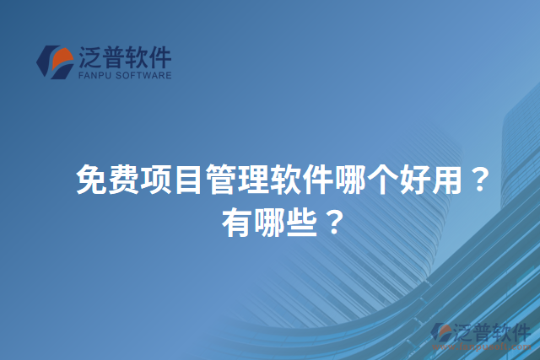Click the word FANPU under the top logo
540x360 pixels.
[92, 75]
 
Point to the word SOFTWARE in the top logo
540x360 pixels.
[143, 75]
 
